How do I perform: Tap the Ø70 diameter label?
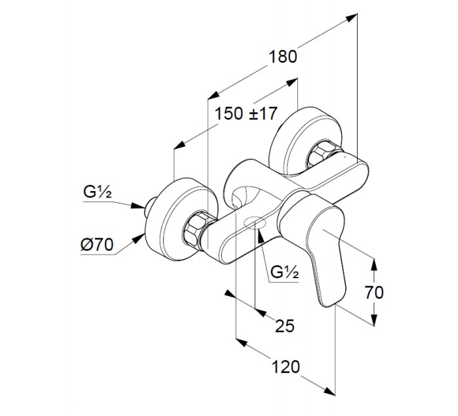coord(98,245)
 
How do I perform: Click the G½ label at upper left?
coord(98,193)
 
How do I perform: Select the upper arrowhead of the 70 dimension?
coord(375,264)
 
